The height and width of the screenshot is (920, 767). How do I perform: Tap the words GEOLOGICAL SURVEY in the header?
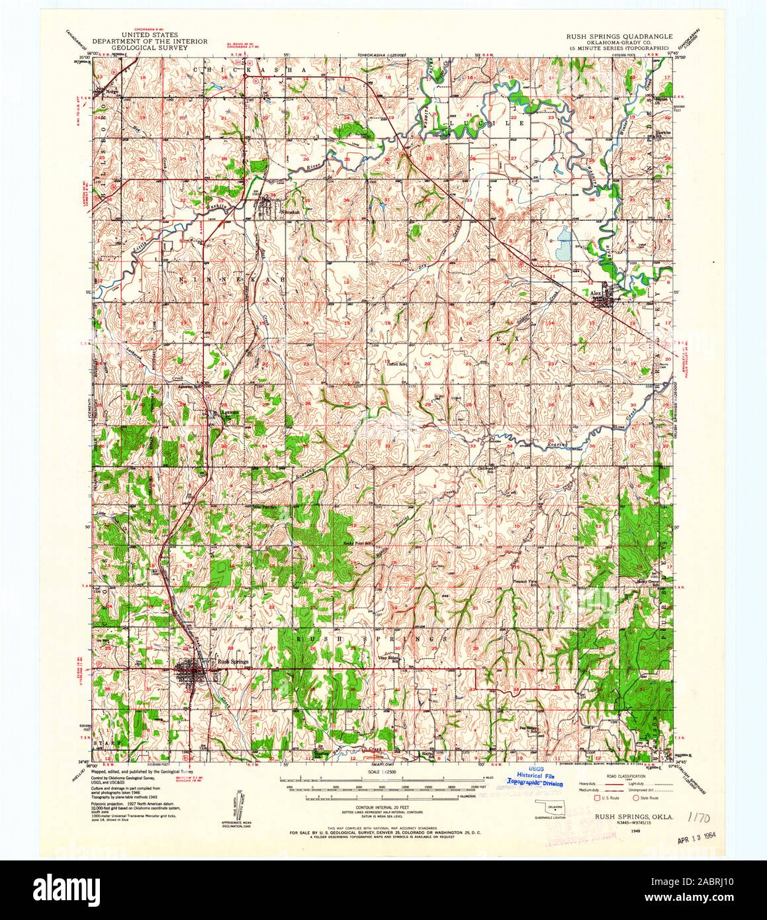click(x=150, y=48)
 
